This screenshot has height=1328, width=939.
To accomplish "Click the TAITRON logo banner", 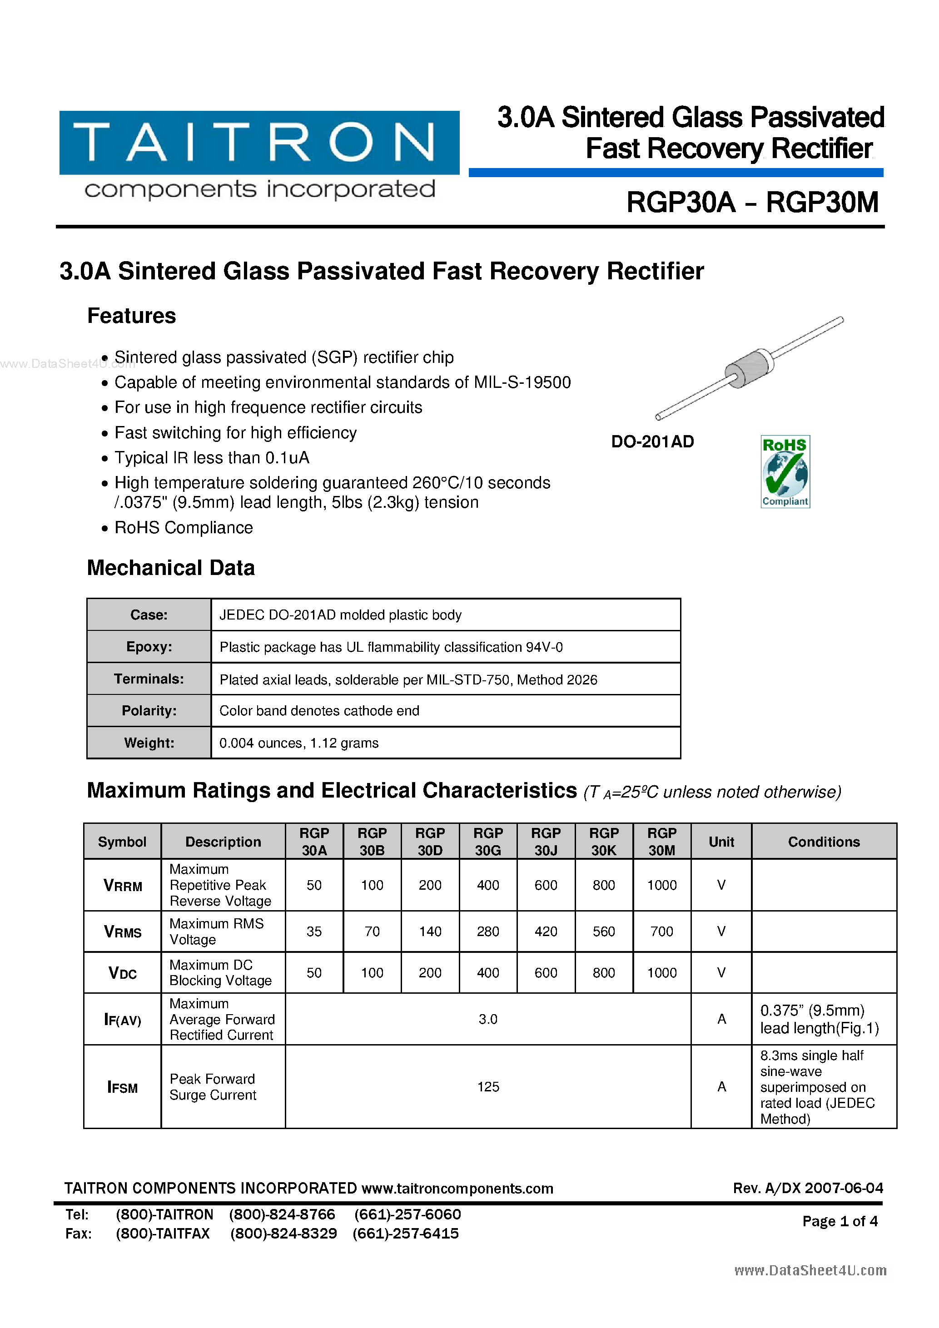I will tap(259, 143).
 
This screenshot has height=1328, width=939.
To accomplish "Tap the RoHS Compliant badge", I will tap(785, 471).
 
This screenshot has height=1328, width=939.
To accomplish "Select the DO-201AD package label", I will tap(652, 442).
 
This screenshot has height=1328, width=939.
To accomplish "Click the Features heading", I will tap(131, 316).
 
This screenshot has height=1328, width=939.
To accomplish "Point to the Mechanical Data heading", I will tap(171, 568).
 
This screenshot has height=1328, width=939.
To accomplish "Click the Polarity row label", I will tap(149, 711).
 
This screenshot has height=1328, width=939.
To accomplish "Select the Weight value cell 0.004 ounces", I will tap(298, 743).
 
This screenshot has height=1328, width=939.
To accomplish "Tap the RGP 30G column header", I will tap(488, 842).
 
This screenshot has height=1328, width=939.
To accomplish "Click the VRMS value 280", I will tap(488, 931).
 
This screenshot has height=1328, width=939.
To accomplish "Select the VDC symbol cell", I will tap(122, 973).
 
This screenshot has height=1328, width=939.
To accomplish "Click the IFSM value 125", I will tap(488, 1087).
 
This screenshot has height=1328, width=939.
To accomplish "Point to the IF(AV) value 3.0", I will tap(488, 1019).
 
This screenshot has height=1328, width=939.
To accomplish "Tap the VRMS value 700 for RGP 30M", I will tap(661, 931).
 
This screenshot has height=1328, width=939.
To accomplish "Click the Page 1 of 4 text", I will tap(840, 1221).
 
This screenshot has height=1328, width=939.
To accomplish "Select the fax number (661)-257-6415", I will tap(406, 1233).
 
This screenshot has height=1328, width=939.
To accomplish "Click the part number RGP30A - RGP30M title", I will tap(752, 203).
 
